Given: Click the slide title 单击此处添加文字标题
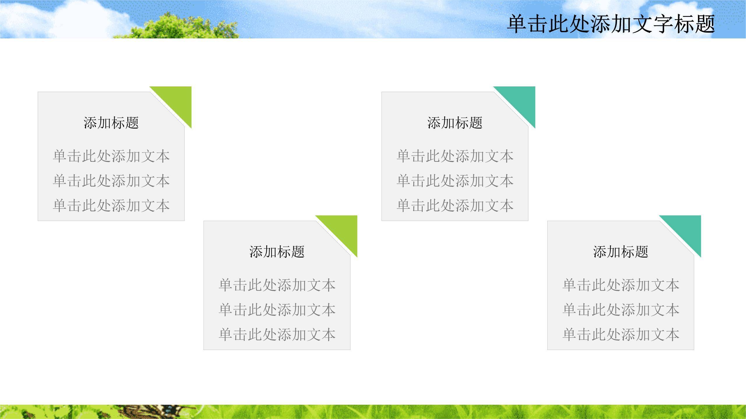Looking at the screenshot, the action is (611, 24).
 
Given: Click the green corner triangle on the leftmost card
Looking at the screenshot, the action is (178, 100).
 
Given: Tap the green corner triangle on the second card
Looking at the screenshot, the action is (343, 229).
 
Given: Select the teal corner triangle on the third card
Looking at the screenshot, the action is (521, 100).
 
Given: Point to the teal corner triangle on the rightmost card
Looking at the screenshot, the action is (687, 229).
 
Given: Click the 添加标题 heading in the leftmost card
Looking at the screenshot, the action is (111, 122).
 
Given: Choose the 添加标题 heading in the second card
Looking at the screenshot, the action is (277, 252).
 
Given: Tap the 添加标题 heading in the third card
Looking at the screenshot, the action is (455, 122).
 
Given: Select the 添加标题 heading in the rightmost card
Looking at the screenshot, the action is (620, 252).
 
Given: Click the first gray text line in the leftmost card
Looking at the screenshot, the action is (111, 156).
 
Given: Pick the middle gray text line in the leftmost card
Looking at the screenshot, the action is (111, 181).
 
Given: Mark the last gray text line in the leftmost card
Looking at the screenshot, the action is (111, 205).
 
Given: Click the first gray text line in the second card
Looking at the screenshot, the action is (277, 285).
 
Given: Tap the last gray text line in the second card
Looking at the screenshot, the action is (277, 334).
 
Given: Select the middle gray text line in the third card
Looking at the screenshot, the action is (455, 181).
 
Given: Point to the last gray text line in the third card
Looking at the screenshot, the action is (455, 205).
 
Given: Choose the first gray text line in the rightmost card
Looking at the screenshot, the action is (620, 285).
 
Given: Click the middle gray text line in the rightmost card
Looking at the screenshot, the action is (620, 310).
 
